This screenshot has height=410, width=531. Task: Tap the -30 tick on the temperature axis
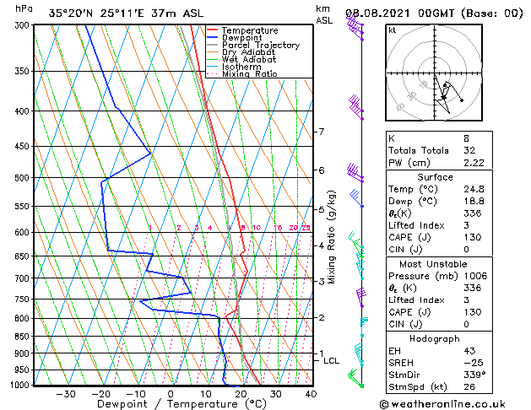65,394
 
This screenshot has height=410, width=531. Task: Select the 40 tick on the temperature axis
311,394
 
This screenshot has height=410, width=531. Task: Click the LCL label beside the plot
332,361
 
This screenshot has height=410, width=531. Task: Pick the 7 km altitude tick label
321,132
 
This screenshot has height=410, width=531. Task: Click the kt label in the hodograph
393,30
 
